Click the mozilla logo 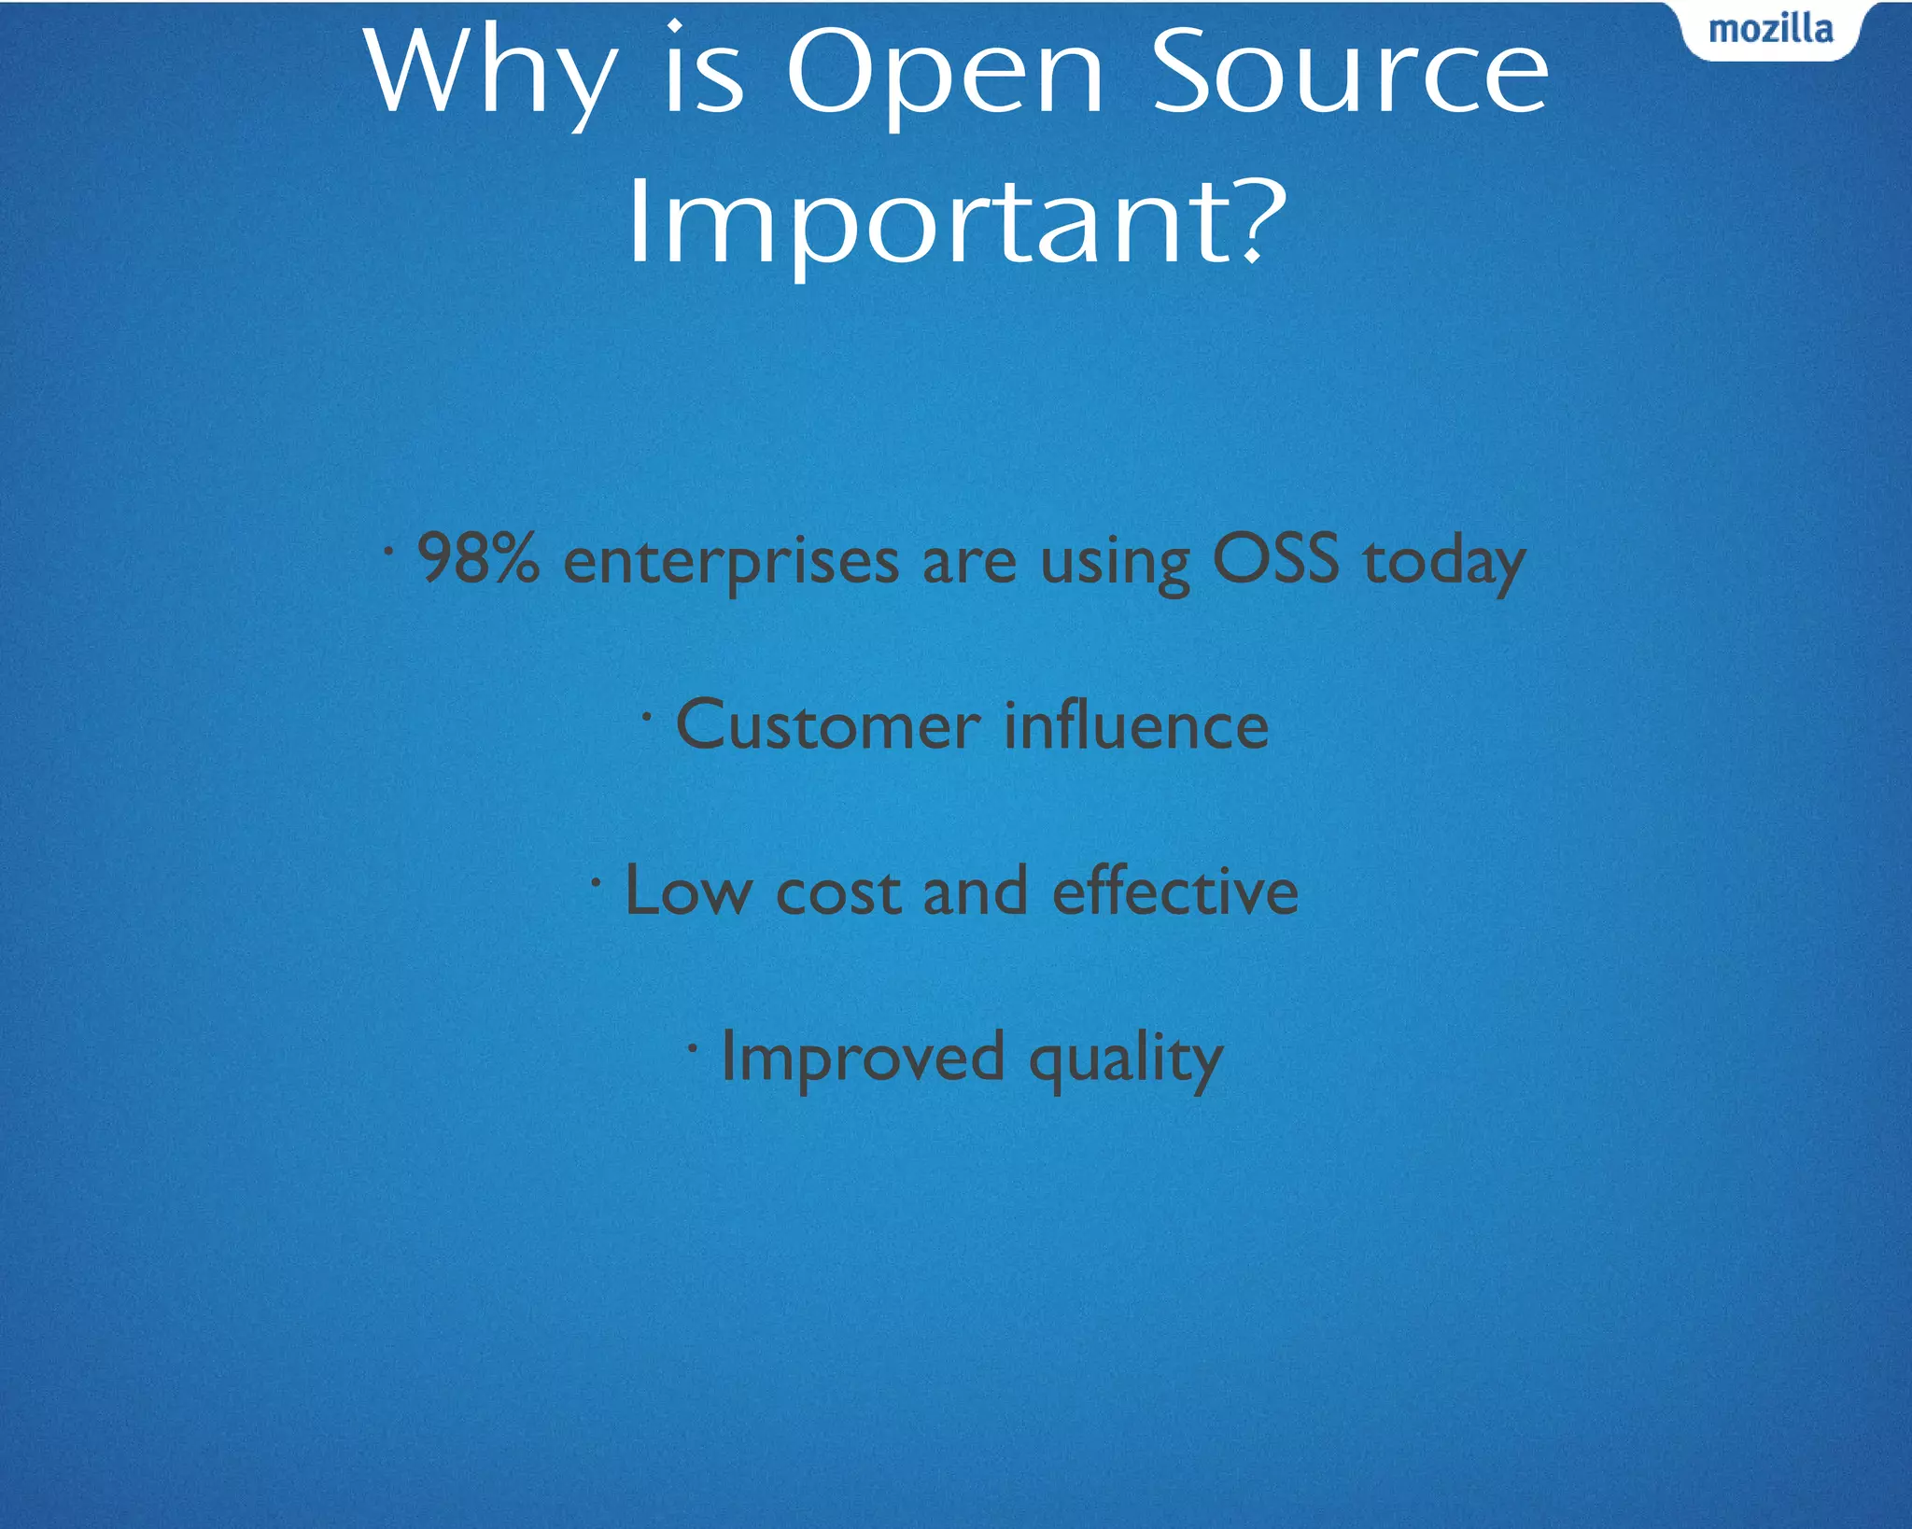tap(1770, 30)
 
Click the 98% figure tap(477, 558)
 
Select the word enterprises tap(731, 563)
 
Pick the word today tap(1443, 563)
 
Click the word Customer tap(827, 725)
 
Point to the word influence tap(1136, 725)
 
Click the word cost tap(837, 892)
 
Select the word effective tap(1174, 891)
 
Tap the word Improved tap(863, 1057)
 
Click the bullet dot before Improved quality tap(692, 1048)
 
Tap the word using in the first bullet tap(1115, 564)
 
